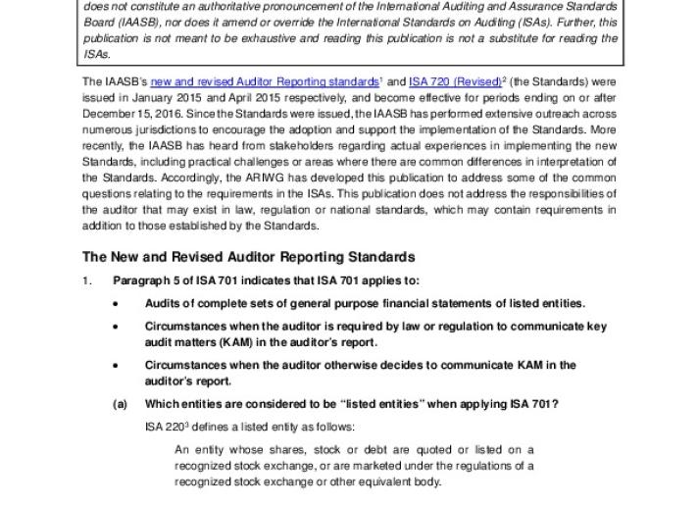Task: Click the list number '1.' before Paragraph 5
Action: click(87, 281)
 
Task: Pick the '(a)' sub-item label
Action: click(121, 404)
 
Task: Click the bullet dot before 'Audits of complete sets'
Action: click(116, 303)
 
